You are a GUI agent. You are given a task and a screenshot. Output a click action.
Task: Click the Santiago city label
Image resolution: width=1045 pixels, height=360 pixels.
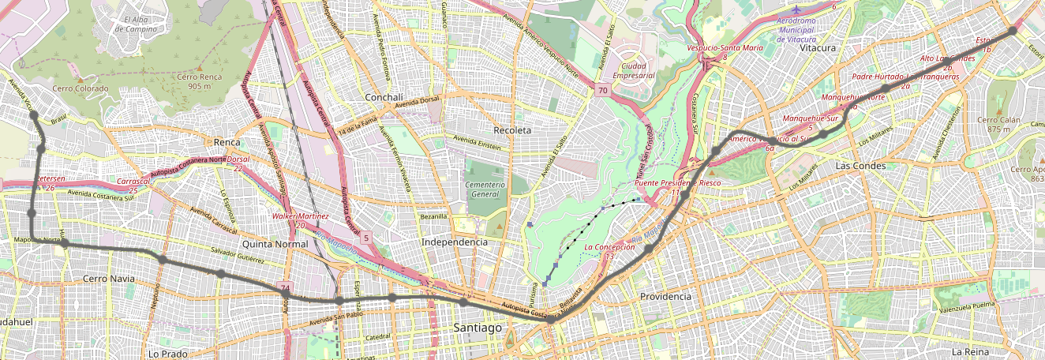point(478,327)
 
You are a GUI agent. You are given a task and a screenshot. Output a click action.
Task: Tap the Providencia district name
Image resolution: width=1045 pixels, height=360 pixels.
point(665,296)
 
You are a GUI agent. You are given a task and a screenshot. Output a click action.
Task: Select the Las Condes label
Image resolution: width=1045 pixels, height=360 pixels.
point(860,166)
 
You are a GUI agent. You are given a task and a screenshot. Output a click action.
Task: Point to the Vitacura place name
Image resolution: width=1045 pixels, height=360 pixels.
point(817,48)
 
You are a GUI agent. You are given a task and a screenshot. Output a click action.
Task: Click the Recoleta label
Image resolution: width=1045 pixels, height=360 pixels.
point(512,129)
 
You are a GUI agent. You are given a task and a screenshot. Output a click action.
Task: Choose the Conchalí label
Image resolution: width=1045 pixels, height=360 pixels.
point(384,97)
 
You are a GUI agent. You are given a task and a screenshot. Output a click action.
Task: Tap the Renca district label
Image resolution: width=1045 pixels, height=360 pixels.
point(227,142)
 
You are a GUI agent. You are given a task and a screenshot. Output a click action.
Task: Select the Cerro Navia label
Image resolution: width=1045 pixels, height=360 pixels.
point(109,279)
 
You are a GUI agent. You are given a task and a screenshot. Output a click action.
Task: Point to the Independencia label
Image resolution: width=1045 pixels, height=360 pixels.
point(455,242)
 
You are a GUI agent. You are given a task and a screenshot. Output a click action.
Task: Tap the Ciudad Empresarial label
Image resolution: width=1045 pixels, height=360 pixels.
point(639,71)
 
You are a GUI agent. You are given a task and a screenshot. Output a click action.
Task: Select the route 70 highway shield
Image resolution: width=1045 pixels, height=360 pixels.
point(602,91)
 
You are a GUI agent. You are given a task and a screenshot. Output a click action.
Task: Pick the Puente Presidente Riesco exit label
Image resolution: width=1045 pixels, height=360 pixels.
point(678,187)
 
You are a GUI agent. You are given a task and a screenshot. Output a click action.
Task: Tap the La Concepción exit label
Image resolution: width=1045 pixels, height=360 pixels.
point(609,251)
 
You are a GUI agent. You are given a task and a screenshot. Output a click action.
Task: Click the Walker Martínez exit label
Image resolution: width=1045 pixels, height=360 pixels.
point(299,220)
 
